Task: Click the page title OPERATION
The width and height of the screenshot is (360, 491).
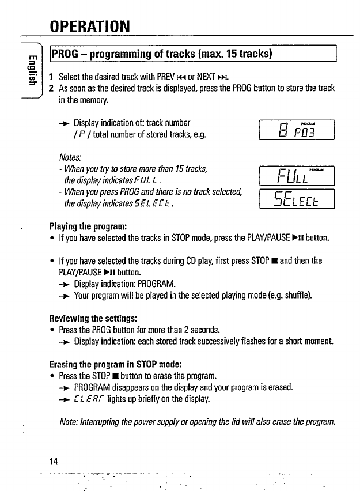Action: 89,26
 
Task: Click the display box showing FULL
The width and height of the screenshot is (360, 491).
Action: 297,173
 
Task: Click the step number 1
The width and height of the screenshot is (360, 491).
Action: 52,77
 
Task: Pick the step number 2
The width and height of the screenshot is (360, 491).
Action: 52,88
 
